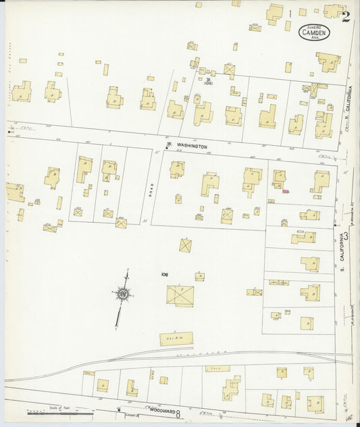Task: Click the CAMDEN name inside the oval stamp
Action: tap(314, 31)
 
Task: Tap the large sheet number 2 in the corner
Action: tap(346, 17)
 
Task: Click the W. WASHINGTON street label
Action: tap(187, 146)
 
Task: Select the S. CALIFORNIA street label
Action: tap(343, 257)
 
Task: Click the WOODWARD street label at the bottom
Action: tap(161, 411)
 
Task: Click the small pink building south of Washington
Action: tap(286, 191)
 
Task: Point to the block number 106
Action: tap(164, 274)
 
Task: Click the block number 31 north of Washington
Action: tap(209, 79)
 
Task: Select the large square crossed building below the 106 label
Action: tap(180, 295)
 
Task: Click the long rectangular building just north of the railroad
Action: tap(176, 338)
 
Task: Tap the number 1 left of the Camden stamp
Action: tap(290, 13)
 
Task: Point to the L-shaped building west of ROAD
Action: tap(83, 169)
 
